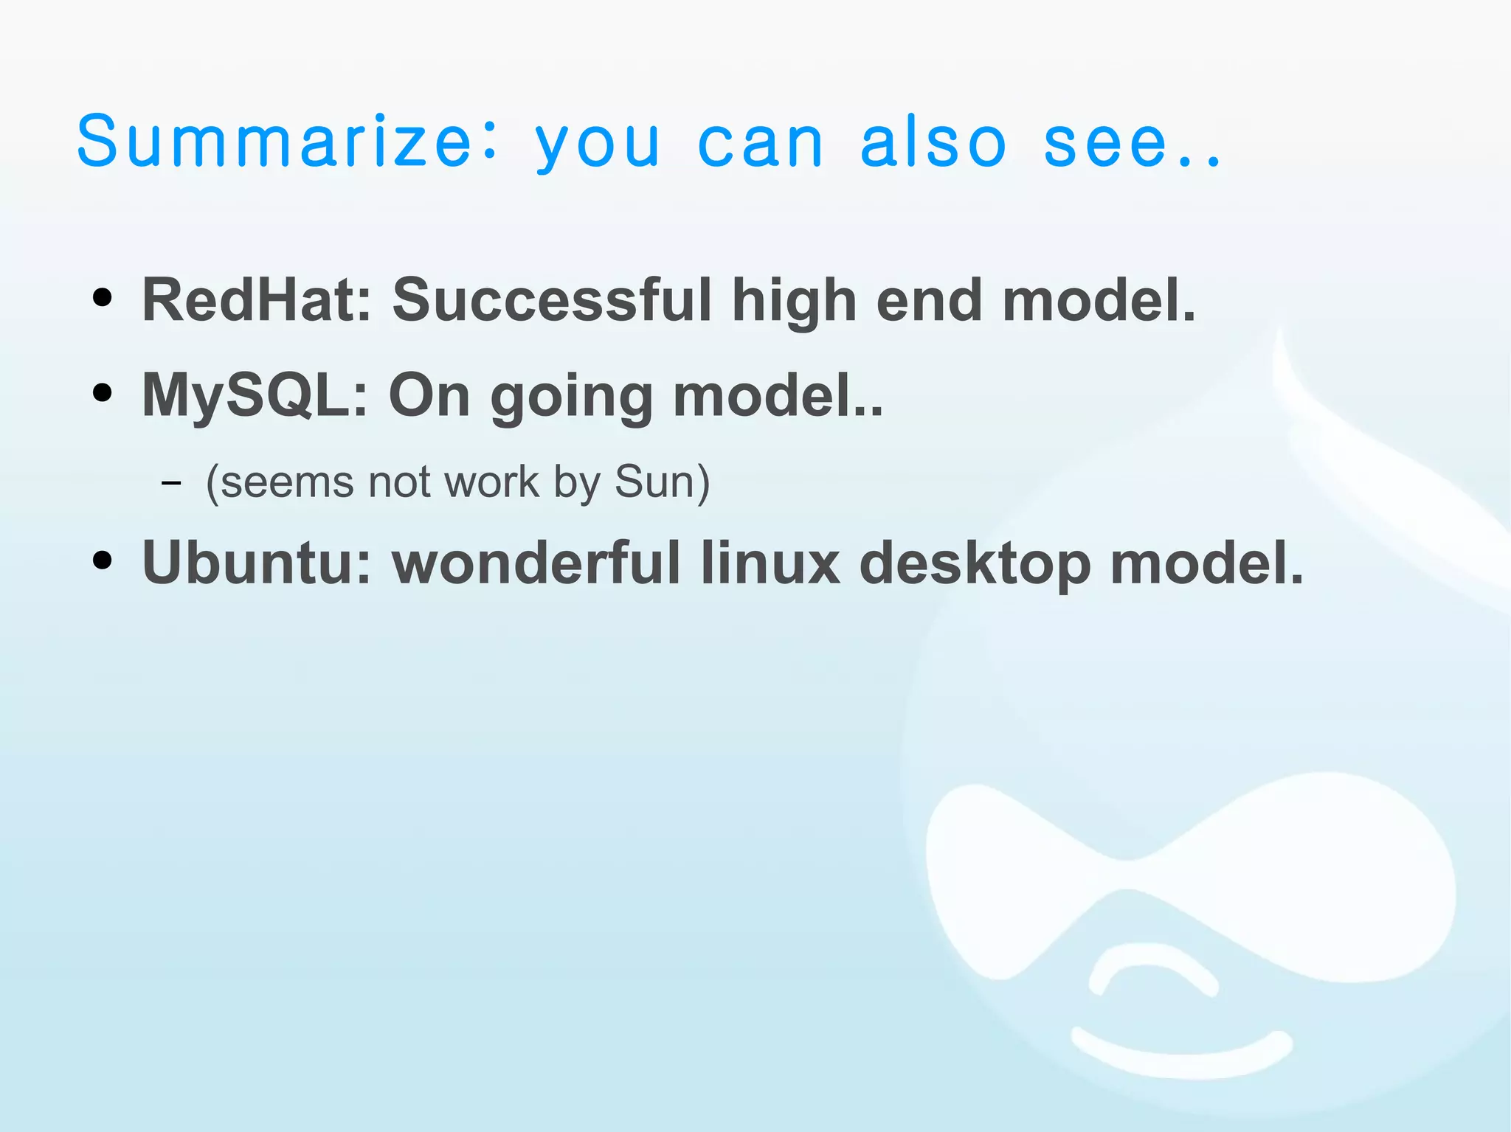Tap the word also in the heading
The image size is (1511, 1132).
[x=933, y=142]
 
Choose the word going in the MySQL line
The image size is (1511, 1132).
[x=571, y=398]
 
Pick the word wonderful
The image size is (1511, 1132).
[x=536, y=563]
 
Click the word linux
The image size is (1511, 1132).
[x=770, y=563]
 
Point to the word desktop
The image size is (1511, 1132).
[x=974, y=565]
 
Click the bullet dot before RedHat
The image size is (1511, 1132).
[x=103, y=298]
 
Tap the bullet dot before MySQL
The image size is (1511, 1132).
[x=103, y=392]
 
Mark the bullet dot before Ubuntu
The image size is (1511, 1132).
[x=103, y=560]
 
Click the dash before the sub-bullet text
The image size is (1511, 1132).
[x=170, y=484]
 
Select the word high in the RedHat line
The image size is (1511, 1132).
[x=794, y=302]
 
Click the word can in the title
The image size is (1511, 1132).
[x=760, y=143]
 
